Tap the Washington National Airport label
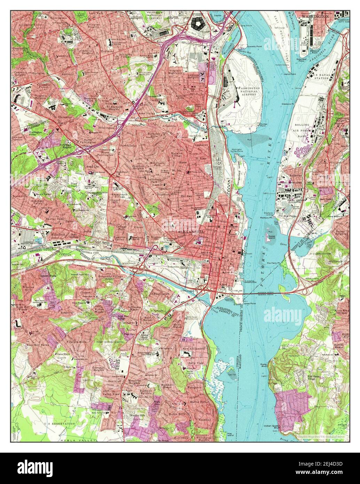click(249, 91)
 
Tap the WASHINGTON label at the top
click(315, 16)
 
